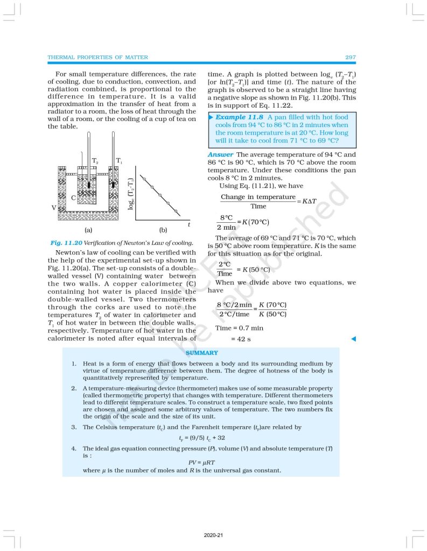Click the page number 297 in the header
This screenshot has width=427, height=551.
348,57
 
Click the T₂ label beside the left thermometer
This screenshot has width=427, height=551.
95,161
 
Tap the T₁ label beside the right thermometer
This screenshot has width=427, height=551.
119,161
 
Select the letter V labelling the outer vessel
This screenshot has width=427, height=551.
53,207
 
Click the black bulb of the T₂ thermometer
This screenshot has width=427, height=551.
89,185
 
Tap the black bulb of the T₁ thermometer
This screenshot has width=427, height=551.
114,185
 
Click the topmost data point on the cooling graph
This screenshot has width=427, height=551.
144,178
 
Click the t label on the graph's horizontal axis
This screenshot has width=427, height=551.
188,223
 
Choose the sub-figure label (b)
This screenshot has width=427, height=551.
163,230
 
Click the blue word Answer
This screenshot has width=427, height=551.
220,154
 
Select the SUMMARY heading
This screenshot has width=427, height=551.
201,353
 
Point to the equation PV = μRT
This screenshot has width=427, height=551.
201,462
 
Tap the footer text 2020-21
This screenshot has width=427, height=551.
213,535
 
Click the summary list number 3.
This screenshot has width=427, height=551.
74,427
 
